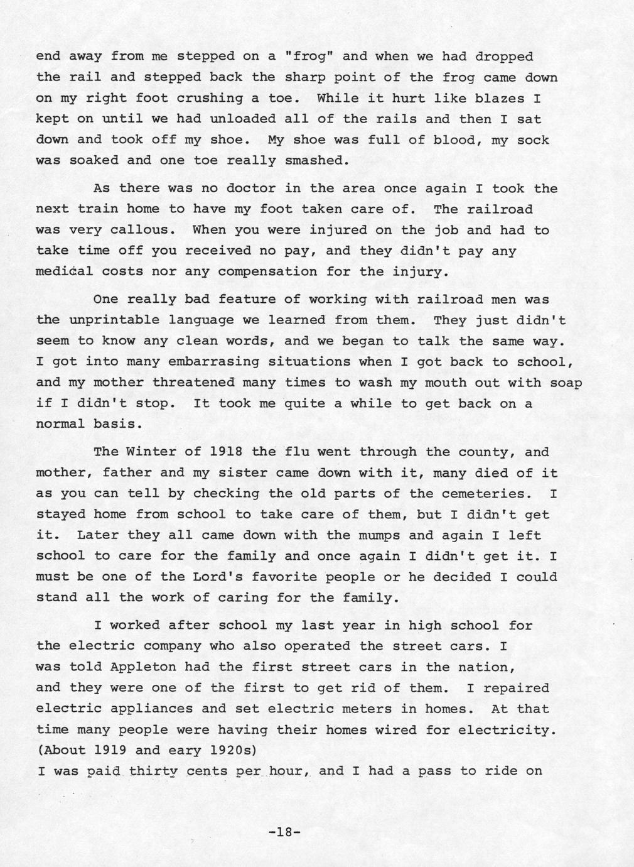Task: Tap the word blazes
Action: [508, 98]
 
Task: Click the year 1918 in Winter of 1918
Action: [222, 452]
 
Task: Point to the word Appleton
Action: [143, 667]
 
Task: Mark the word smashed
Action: [317, 160]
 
